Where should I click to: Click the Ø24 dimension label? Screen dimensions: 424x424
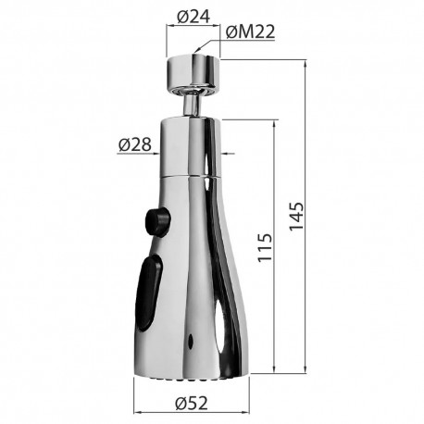(193, 17)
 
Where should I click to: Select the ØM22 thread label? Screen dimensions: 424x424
(250, 31)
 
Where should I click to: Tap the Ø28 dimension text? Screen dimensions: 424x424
(135, 144)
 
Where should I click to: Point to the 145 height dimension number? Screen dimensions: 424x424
(296, 217)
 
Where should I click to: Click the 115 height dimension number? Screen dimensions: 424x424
(265, 248)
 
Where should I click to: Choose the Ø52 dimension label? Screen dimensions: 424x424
(192, 403)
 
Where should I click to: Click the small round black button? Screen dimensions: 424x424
(157, 221)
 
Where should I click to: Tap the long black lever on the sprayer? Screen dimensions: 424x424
(148, 293)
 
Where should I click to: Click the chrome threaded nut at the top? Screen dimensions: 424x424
(193, 73)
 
